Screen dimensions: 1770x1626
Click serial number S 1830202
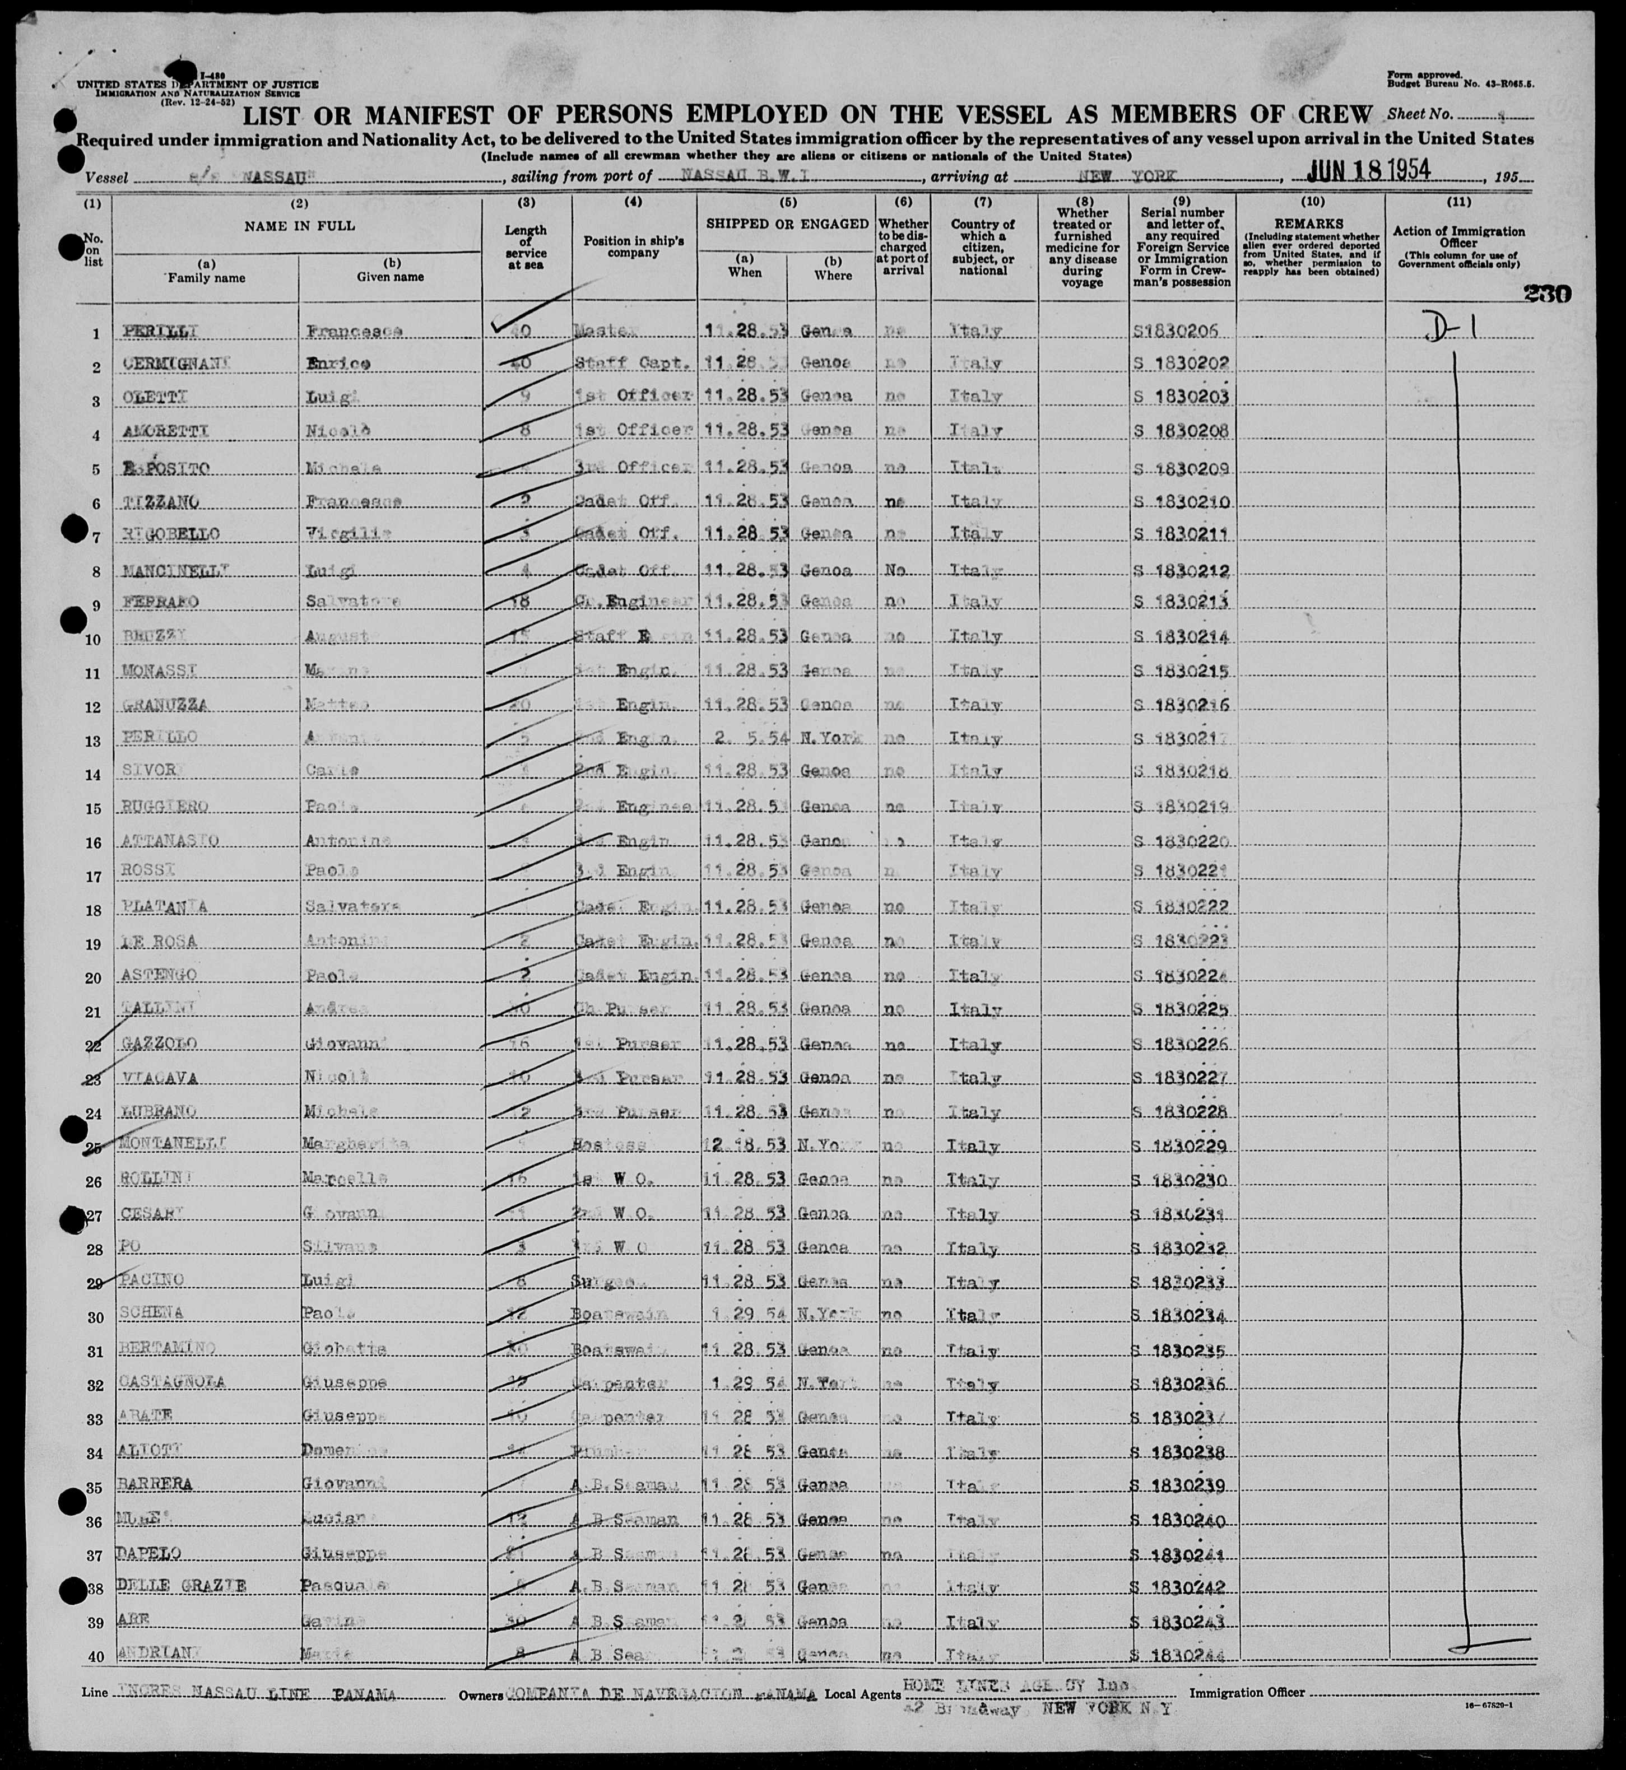point(1182,362)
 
